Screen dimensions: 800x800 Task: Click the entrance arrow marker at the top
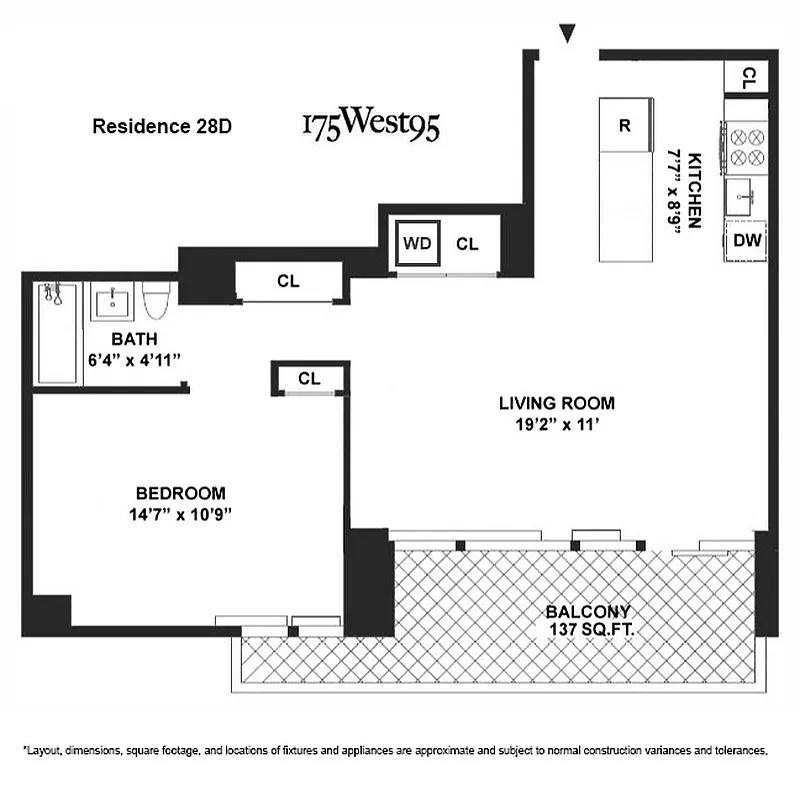tap(568, 35)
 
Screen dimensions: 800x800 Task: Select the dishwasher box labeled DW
tap(747, 240)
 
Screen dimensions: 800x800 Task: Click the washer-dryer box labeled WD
tap(416, 243)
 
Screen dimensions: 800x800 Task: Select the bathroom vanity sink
tap(114, 300)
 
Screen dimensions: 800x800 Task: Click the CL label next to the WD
tap(467, 243)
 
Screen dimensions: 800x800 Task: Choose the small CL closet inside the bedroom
tap(309, 378)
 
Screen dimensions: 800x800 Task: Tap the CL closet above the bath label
tap(288, 282)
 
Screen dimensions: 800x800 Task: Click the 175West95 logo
tap(370, 126)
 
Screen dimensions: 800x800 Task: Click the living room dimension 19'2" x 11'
tap(557, 423)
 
